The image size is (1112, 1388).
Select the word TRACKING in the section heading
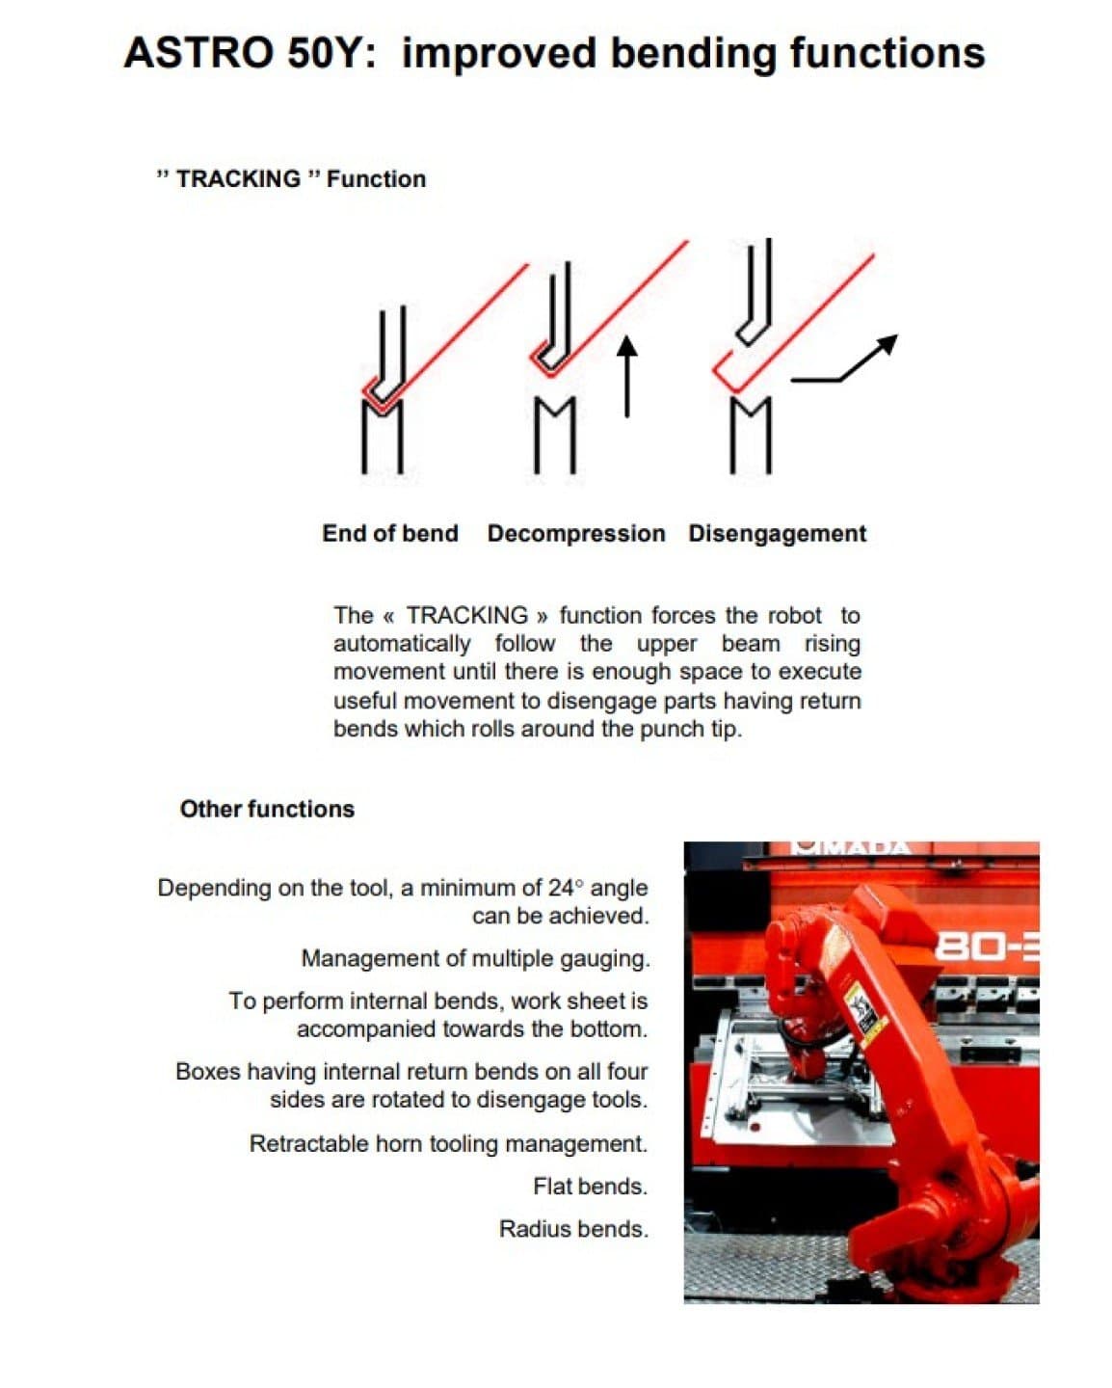tap(238, 179)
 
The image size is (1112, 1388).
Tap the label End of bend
tap(390, 534)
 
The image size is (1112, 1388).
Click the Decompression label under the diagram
tap(576, 534)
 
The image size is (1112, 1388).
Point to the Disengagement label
tap(777, 534)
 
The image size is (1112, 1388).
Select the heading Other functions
tap(267, 810)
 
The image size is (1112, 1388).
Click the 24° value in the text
tap(567, 888)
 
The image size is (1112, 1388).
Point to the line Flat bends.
tap(590, 1187)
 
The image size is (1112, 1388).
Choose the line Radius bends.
tap(573, 1229)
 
